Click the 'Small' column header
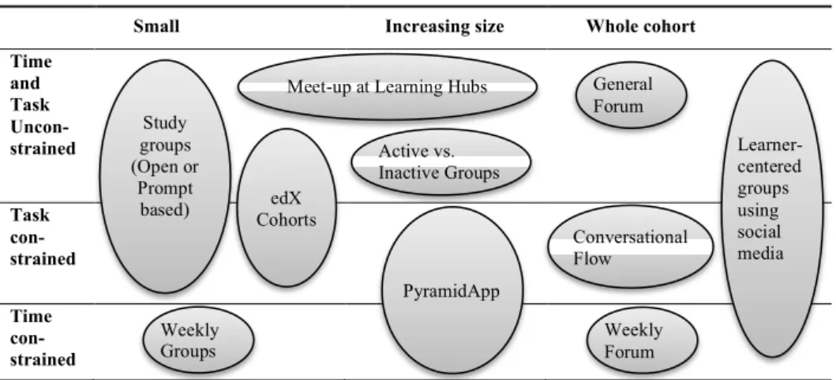click(x=156, y=26)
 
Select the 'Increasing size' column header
click(x=444, y=26)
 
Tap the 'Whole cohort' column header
click(x=641, y=26)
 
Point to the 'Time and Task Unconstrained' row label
click(x=43, y=105)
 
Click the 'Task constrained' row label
click(x=43, y=237)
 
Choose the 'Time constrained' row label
click(x=43, y=338)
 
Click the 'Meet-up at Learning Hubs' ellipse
click(x=387, y=86)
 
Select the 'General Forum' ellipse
click(x=631, y=95)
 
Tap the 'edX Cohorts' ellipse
click(x=287, y=208)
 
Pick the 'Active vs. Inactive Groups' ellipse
click(x=440, y=162)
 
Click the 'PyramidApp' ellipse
click(x=452, y=291)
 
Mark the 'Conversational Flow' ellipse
click(x=630, y=247)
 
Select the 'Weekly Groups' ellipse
click(x=198, y=340)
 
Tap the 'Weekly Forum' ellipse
click(x=642, y=340)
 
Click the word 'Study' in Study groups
click(x=165, y=123)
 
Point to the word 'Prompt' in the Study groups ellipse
click(x=165, y=188)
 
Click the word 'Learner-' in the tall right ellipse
click(x=770, y=145)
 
